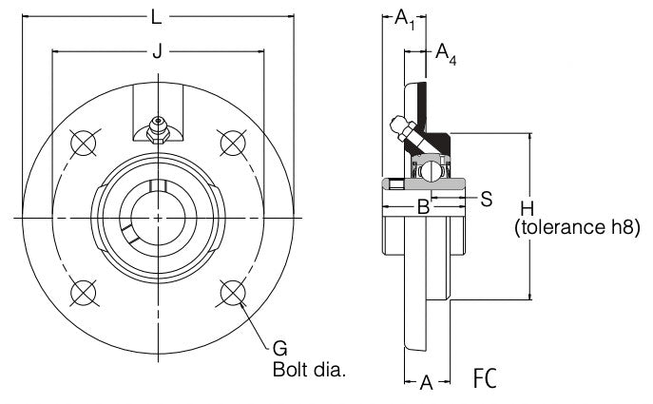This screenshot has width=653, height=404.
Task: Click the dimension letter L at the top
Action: click(156, 17)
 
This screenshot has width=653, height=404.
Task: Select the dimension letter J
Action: click(157, 52)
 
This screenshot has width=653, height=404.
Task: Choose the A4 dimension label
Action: click(445, 54)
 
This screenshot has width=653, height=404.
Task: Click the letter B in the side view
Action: click(425, 206)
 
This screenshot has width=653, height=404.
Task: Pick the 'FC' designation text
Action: click(485, 379)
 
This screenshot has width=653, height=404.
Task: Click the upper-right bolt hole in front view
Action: click(231, 144)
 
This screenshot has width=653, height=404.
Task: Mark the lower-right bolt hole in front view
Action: click(231, 292)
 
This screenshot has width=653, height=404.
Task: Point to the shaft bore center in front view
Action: click(157, 218)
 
